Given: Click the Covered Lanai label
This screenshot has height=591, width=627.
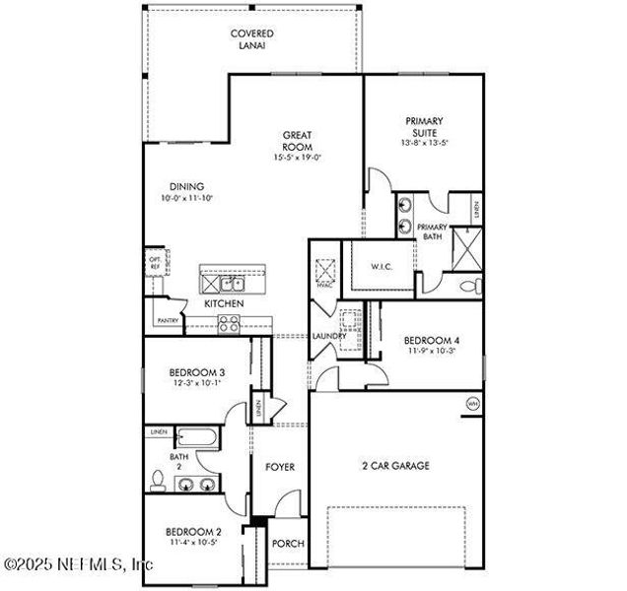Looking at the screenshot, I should point(252,39).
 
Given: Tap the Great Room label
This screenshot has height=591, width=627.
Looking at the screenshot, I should point(298,141).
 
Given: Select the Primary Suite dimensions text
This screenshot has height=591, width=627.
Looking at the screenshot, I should point(425,143).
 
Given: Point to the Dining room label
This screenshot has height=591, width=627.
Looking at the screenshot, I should point(186,186).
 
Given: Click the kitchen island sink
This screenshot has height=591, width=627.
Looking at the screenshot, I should point(233,284).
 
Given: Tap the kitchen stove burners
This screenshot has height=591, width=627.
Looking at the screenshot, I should point(230,325).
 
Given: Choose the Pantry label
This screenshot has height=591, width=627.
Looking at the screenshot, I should point(168,320).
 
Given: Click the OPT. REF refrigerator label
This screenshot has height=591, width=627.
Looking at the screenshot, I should point(154,263).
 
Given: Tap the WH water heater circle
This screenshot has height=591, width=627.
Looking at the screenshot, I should point(471,404).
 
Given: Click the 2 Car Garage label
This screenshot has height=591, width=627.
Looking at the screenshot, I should point(394,466).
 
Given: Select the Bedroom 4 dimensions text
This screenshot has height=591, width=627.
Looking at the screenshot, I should point(431,352).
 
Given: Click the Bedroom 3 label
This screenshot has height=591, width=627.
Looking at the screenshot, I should point(197,371).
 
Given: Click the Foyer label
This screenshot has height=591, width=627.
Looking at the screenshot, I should point(280,466).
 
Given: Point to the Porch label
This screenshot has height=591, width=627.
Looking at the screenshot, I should point(288,544).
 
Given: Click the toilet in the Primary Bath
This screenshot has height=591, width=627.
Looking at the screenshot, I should point(471,288).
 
